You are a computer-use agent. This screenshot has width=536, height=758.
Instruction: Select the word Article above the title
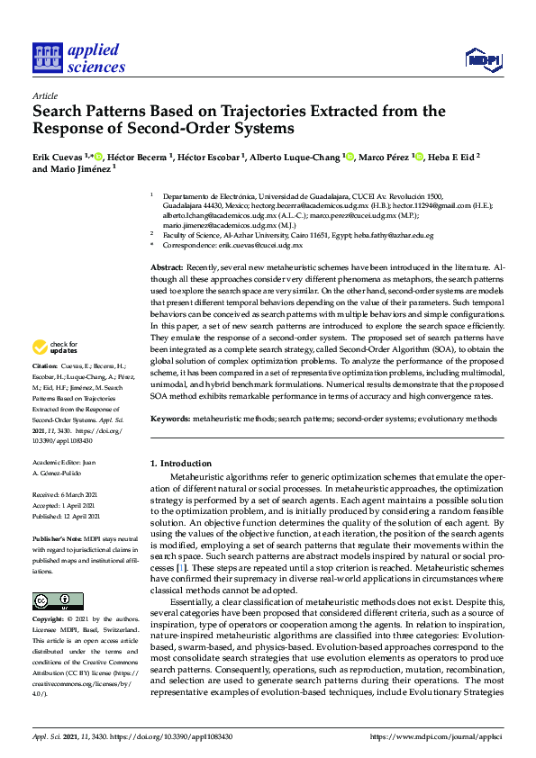44,95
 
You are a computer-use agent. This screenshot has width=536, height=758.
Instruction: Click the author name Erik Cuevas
59,157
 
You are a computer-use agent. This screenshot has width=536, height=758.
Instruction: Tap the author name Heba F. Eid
449,157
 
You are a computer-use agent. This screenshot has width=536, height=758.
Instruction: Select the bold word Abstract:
168,269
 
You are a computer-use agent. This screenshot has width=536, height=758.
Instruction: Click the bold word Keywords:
171,419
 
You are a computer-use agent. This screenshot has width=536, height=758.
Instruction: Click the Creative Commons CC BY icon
58,600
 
